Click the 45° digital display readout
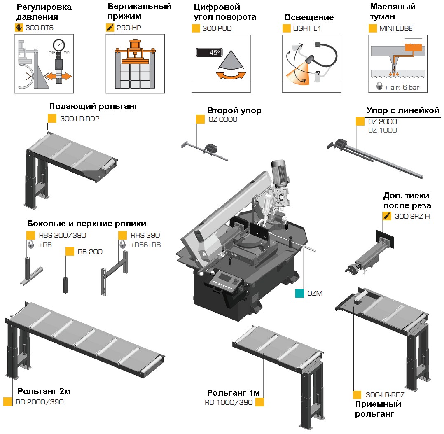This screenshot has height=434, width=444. pyautogui.click(x=209, y=52)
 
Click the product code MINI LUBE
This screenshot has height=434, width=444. pyautogui.click(x=396, y=28)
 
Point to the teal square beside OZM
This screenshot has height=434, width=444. pyautogui.click(x=299, y=293)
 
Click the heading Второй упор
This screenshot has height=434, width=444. pyautogui.click(x=234, y=110)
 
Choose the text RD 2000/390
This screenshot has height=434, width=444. pyautogui.click(x=40, y=402)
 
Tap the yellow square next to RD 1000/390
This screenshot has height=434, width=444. pyautogui.click(x=259, y=402)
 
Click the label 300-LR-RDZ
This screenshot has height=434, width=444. pyautogui.click(x=385, y=394)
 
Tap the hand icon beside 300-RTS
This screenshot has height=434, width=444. pyautogui.click(x=19, y=28)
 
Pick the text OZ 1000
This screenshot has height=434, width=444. pyautogui.click(x=383, y=130)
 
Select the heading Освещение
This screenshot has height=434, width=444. pyautogui.click(x=308, y=17)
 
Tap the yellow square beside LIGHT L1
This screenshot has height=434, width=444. pyautogui.click(x=286, y=28)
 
